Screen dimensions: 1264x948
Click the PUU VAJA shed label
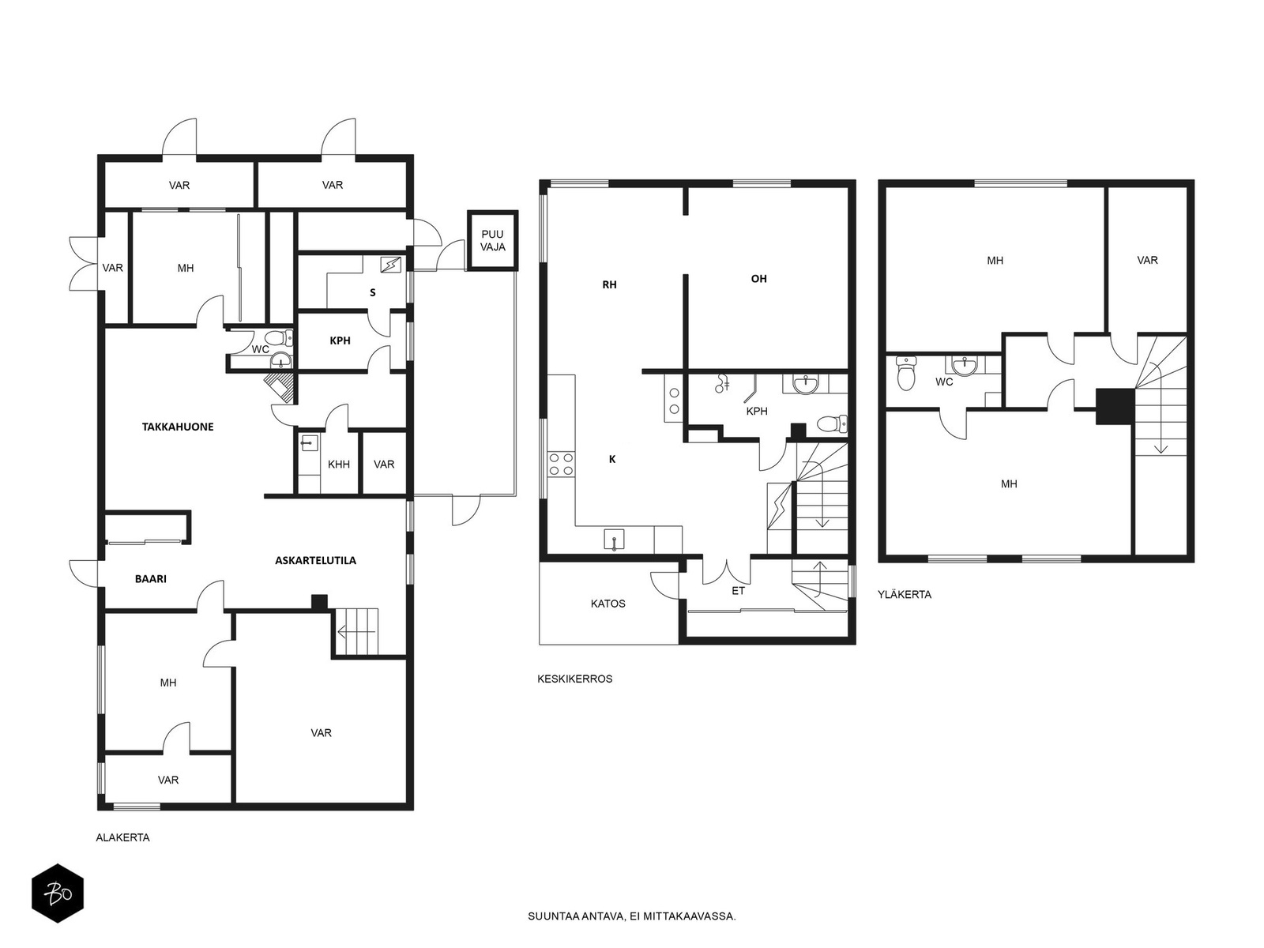point(492,241)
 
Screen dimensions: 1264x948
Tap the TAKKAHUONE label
point(178,427)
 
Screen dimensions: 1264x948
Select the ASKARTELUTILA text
point(315,560)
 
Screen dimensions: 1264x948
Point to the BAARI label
point(151,578)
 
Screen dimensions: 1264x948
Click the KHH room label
point(339,465)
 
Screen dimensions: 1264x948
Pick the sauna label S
point(373,292)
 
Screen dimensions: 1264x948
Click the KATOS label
point(608,604)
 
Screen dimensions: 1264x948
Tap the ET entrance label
point(738,591)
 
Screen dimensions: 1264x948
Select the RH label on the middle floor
point(609,284)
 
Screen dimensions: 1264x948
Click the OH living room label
point(759,279)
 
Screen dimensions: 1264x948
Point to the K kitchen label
point(613,459)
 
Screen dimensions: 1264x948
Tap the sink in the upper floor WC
point(963,366)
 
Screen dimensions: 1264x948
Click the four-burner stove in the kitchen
point(561,464)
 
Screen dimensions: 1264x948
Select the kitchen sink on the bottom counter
point(615,540)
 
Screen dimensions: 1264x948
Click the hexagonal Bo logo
point(58,893)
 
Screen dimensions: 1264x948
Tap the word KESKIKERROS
point(574,679)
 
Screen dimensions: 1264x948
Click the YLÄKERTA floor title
point(905,595)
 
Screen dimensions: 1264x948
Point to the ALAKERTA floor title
point(122,837)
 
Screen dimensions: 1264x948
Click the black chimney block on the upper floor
point(1115,406)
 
